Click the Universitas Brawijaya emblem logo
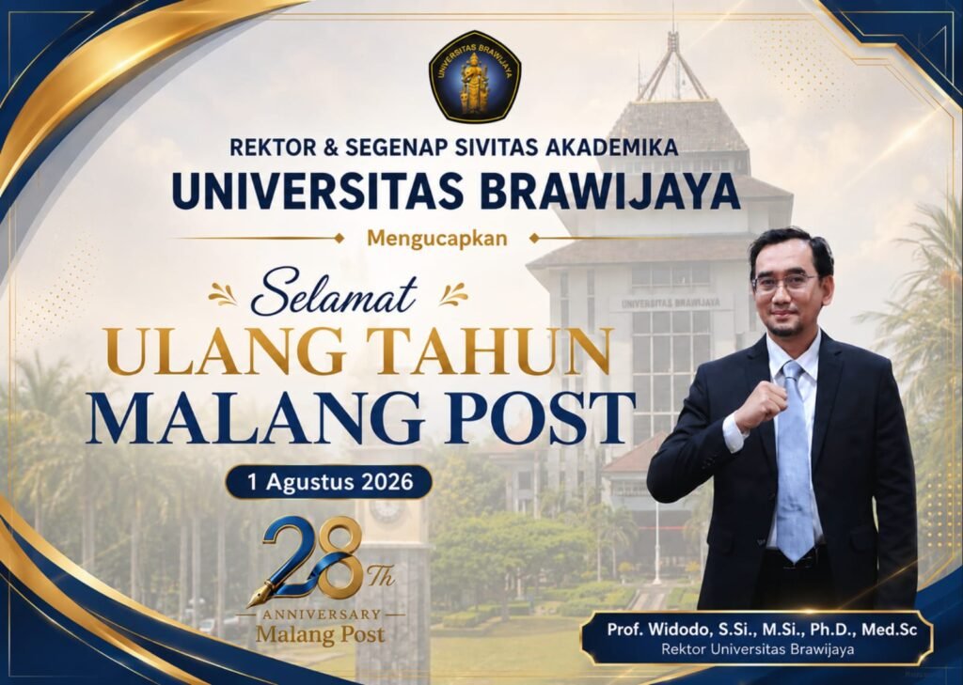475,76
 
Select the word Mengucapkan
437,239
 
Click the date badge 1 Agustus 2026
329,482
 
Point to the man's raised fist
762,406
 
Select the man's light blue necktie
794,460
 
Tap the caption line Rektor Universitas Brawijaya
757,649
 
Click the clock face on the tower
387,509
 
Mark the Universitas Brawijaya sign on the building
670,304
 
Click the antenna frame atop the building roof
673,67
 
